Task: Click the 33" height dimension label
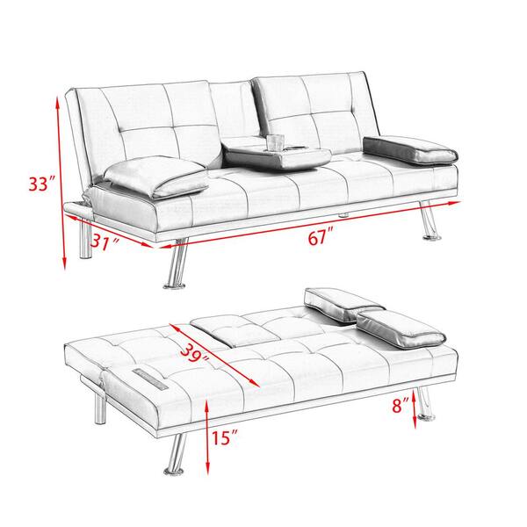click(41, 185)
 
